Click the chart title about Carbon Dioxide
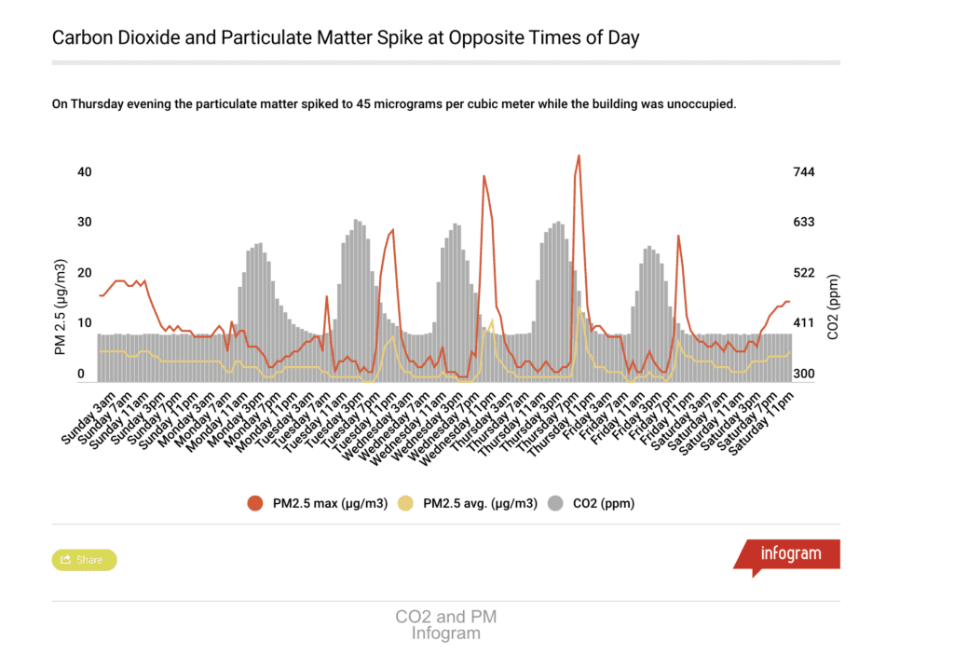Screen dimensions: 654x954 pos(346,38)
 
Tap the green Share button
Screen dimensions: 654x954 pos(84,560)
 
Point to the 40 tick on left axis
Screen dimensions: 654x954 pos(85,172)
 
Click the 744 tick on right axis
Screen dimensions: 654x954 pos(804,172)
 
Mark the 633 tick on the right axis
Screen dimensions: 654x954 pos(804,223)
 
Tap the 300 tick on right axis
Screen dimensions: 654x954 pos(804,375)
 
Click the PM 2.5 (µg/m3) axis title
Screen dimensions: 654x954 pos(61,308)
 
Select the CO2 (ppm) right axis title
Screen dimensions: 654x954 pos(833,307)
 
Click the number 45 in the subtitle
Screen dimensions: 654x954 pos(364,104)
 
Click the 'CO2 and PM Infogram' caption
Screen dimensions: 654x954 pos(445,625)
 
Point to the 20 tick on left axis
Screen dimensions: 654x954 pos(85,273)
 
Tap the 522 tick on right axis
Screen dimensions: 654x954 pos(804,273)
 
